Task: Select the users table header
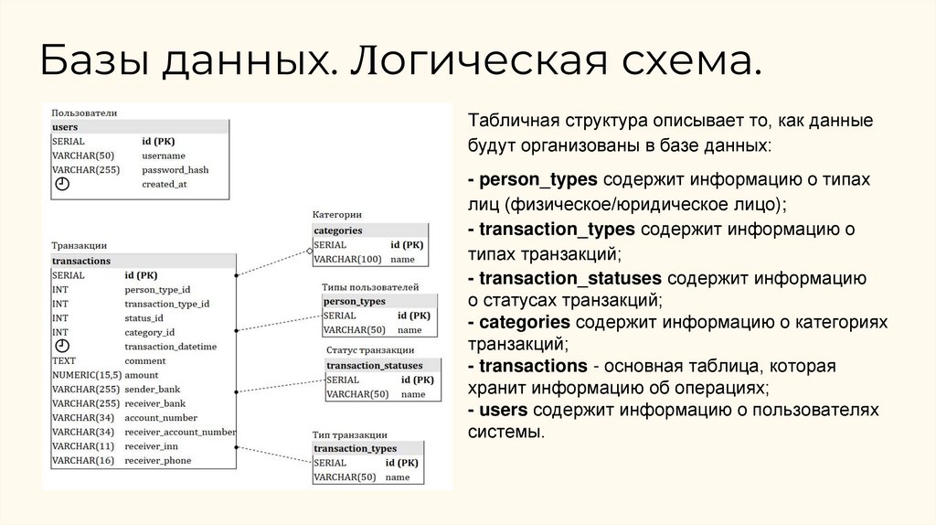point(66,127)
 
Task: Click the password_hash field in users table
point(175,170)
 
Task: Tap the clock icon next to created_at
point(62,184)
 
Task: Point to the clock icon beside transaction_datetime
point(62,347)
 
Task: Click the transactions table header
point(81,261)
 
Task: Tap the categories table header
point(338,230)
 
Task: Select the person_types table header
point(355,301)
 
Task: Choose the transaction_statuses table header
point(375,366)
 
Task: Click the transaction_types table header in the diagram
point(355,449)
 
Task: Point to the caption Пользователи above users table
point(84,112)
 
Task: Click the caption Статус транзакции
point(370,350)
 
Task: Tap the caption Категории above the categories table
point(337,215)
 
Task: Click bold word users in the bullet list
point(504,409)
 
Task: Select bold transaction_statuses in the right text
point(570,277)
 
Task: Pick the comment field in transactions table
point(144,361)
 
